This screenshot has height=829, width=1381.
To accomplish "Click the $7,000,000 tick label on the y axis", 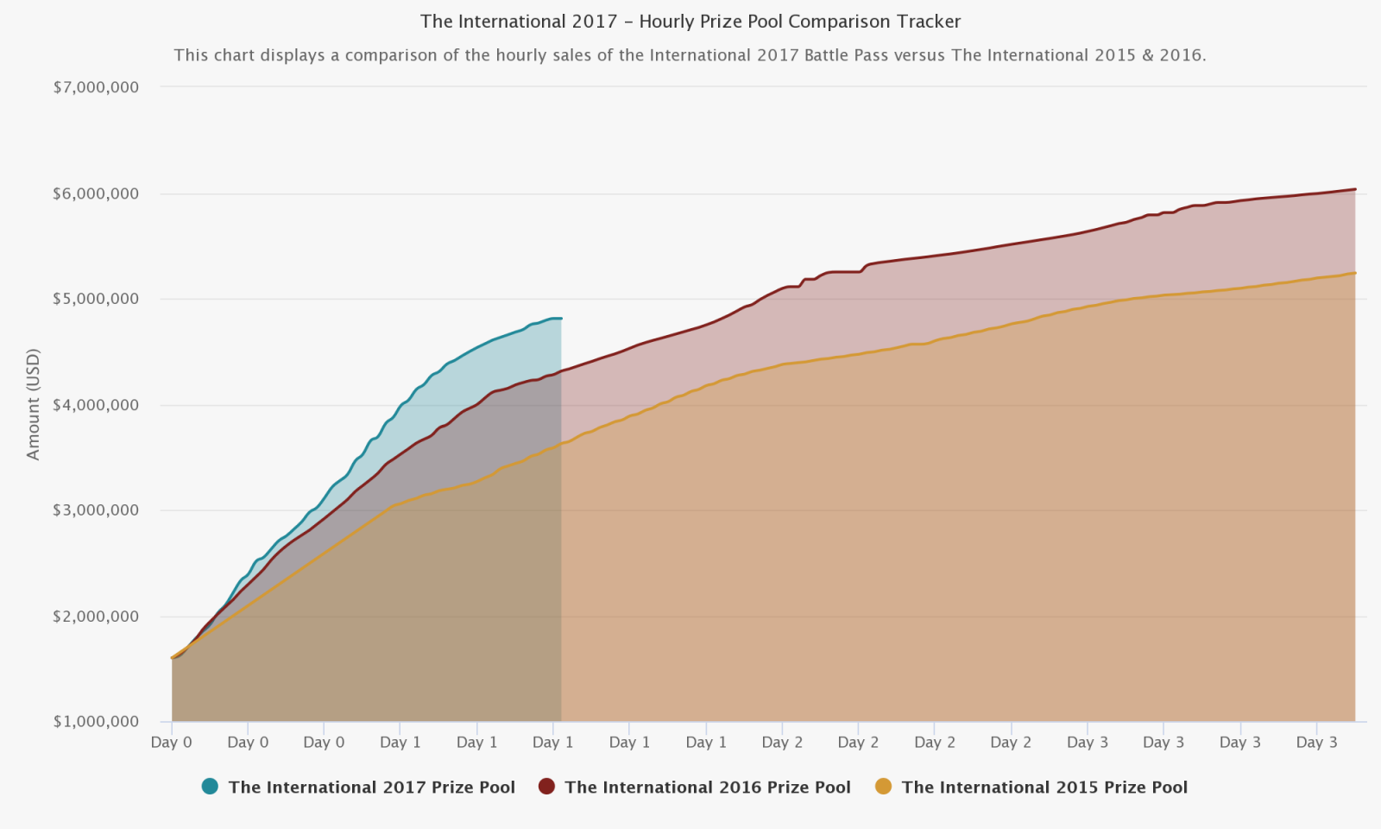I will click(x=96, y=87).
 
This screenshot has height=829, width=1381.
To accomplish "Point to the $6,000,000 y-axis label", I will click(x=96, y=193).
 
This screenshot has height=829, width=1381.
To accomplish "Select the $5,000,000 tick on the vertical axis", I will click(x=96, y=299).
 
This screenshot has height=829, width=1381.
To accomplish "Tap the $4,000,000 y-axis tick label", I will click(x=96, y=405).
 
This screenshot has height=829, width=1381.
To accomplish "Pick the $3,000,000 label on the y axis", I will click(x=96, y=510).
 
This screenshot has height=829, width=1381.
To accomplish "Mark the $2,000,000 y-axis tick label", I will click(x=96, y=617).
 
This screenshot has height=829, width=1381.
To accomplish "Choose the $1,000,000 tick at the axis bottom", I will click(x=96, y=722).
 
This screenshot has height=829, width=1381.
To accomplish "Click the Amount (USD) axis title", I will click(x=34, y=404).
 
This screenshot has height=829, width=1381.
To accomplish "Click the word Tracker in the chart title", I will click(x=928, y=22).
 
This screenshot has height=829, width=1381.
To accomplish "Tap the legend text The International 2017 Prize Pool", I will click(x=371, y=788).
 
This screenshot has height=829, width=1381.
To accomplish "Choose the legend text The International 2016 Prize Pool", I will click(x=708, y=788).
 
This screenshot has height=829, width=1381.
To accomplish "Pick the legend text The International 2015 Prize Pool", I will click(x=1044, y=788).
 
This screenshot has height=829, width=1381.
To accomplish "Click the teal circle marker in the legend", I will click(x=210, y=787).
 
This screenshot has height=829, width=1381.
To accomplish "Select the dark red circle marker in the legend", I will click(x=546, y=787).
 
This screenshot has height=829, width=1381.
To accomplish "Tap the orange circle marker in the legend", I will click(x=883, y=787).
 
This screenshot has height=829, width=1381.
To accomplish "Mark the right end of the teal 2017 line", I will click(x=561, y=319).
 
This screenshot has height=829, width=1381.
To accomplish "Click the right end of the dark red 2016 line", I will click(x=1355, y=189).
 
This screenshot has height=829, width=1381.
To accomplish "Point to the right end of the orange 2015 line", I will click(x=1355, y=273).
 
